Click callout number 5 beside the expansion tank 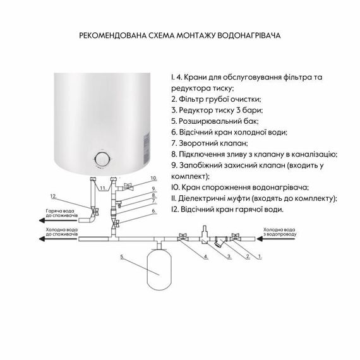(x=123, y=257)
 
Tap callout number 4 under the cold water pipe (x=205, y=256)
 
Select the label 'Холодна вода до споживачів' (x=62, y=231)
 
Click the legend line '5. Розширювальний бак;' (x=215, y=121)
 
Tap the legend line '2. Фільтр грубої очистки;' (x=216, y=99)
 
